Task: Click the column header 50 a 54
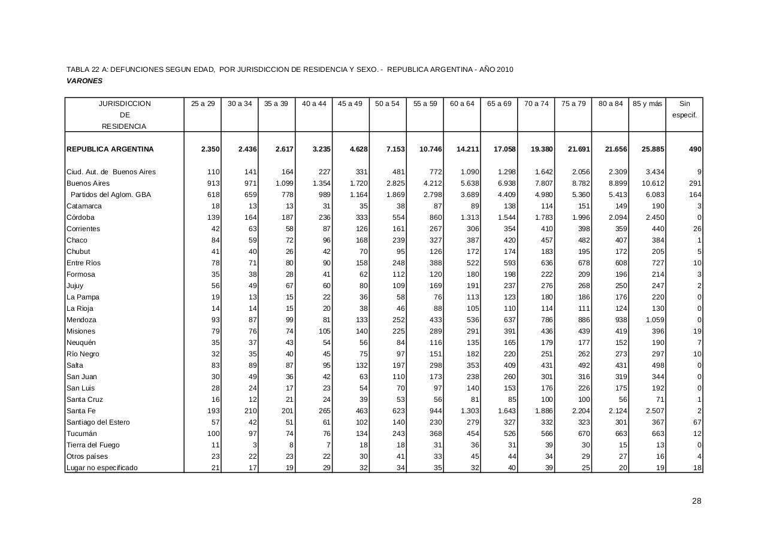[387, 104]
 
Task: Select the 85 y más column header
[647, 104]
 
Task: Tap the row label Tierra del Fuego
[93, 445]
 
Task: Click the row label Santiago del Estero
[98, 422]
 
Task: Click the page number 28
[696, 501]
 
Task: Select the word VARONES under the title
[84, 81]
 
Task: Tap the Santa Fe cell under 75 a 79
[579, 411]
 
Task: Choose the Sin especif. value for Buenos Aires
[695, 183]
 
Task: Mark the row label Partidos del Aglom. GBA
[111, 195]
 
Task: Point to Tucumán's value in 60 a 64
[469, 434]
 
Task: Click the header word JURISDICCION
[125, 104]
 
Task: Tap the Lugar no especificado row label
[102, 468]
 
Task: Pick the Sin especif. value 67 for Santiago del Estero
[697, 422]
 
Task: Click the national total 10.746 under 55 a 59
[430, 149]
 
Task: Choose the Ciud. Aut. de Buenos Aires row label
[111, 172]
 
